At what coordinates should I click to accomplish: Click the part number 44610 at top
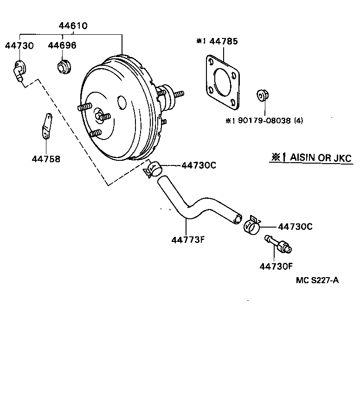[73, 26]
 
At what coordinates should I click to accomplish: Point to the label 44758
[46, 159]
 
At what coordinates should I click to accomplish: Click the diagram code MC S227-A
[317, 281]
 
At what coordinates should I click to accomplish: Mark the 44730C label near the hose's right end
[295, 227]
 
